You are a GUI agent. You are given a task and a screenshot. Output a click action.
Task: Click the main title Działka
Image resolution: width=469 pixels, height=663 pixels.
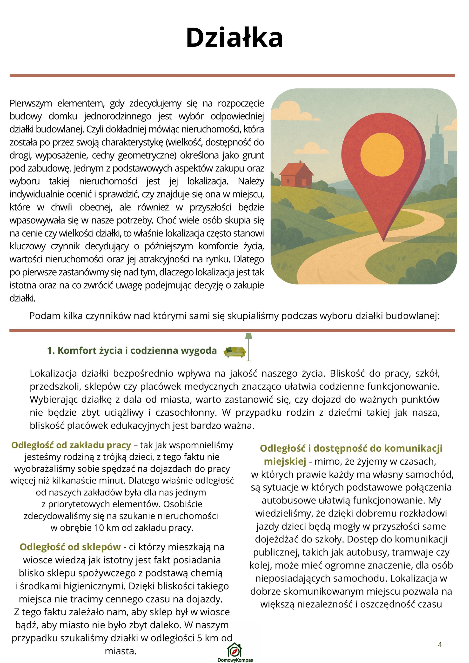[234, 38]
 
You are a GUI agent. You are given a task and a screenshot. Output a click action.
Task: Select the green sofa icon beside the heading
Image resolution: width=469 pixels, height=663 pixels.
[234, 352]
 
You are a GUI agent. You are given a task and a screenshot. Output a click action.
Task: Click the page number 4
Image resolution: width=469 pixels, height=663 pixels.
[440, 644]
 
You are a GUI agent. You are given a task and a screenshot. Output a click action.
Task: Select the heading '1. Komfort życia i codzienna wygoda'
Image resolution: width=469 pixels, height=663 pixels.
[132, 351]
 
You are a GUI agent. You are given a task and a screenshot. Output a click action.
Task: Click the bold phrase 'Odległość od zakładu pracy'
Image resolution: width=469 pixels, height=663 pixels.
[71, 445]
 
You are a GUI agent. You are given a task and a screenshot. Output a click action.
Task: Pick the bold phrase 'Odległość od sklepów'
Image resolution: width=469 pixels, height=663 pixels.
[70, 547]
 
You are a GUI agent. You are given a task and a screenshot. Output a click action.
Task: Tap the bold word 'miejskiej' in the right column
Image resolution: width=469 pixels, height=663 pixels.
[285, 461]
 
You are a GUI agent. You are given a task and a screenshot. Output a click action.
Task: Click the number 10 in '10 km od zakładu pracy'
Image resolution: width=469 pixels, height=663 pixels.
[99, 528]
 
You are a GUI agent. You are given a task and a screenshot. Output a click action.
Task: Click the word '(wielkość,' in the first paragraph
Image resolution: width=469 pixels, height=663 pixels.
[184, 142]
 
